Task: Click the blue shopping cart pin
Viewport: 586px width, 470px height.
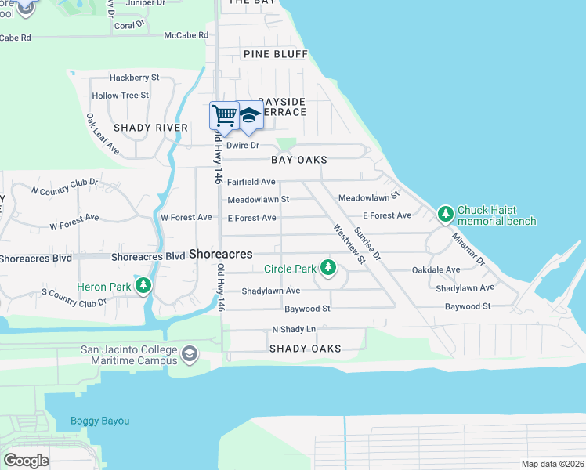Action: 224,116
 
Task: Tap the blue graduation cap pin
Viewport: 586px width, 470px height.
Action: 249,116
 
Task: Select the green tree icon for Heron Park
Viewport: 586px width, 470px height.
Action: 143,286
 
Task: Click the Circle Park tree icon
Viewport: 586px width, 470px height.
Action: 327,269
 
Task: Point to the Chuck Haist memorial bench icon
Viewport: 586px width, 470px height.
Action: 445,214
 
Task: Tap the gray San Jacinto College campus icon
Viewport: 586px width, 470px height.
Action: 189,355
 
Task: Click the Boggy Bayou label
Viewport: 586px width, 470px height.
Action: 99,421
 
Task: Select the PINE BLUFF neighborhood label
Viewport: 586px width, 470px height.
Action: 275,54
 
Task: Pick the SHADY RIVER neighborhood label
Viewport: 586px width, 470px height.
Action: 150,128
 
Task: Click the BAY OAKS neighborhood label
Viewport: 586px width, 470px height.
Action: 298,160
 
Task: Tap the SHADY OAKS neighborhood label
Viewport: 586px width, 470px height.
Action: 305,349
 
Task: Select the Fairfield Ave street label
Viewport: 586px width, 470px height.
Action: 251,182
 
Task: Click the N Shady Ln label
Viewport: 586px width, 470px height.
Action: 293,330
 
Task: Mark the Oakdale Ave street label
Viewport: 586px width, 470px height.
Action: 436,269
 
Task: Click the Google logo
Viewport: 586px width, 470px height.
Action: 26,461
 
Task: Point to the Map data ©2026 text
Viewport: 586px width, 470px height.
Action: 552,464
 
